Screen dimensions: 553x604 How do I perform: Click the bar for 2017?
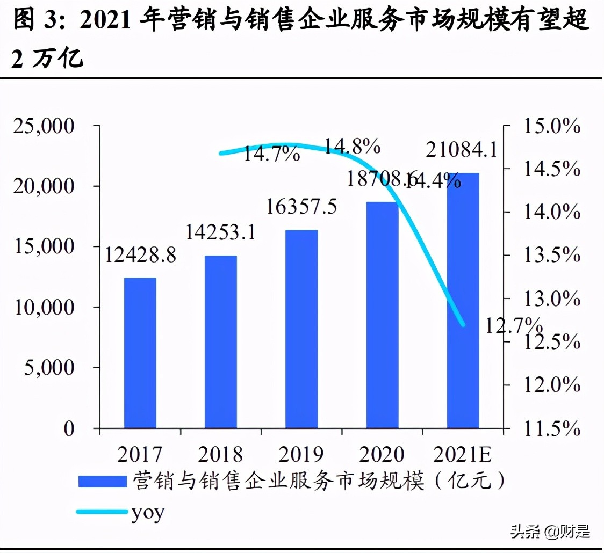(140, 353)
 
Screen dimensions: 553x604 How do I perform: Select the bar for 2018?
(221, 341)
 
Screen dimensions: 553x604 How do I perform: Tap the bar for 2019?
(301, 329)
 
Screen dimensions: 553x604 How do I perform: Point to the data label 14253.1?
(221, 232)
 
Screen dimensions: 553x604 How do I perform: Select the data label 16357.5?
(301, 207)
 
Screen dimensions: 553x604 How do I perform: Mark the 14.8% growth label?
(353, 145)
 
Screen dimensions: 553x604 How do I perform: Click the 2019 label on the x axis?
(301, 455)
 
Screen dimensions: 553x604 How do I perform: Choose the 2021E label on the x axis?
(463, 455)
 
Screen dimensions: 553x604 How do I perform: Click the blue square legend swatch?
(102, 481)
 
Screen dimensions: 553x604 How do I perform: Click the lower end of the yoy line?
(463, 324)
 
